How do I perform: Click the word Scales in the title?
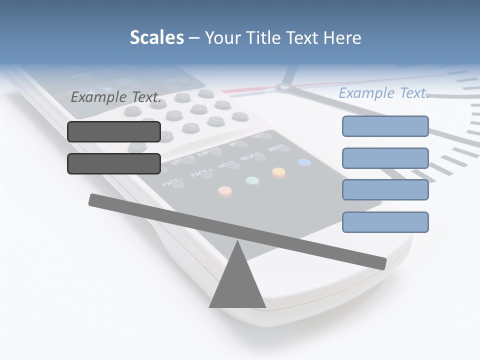(x=156, y=38)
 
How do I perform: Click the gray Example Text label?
(x=116, y=97)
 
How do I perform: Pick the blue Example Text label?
(x=383, y=93)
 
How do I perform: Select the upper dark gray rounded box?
(x=114, y=131)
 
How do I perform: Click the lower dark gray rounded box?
(x=114, y=163)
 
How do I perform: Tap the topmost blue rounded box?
(x=385, y=126)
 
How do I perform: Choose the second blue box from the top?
(x=385, y=158)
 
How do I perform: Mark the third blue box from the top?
(x=385, y=190)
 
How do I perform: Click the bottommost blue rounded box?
(x=385, y=222)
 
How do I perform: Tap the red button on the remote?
(x=225, y=190)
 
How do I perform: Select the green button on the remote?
(x=252, y=180)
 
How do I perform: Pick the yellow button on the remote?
(x=278, y=172)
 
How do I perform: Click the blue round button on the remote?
(x=304, y=162)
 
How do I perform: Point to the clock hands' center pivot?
(x=283, y=88)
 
